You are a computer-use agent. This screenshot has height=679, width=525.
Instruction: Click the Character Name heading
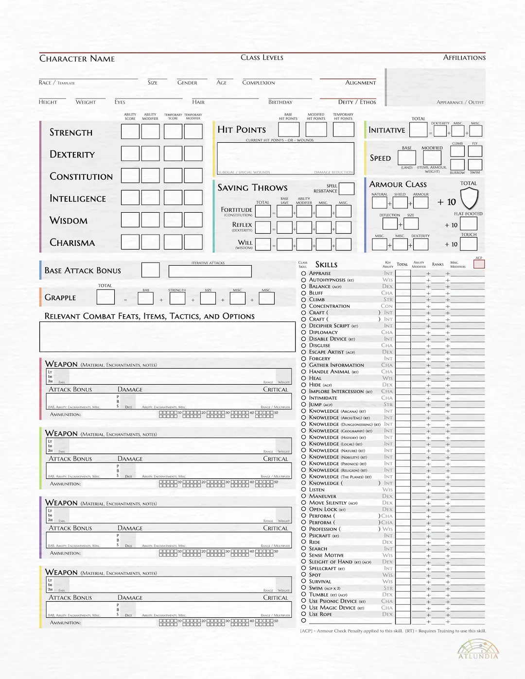tap(77, 59)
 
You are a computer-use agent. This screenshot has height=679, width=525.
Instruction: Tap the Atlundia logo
tap(478, 649)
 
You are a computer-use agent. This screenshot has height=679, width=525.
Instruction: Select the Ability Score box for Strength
tap(130, 132)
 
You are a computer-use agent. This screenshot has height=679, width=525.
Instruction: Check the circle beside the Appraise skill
tap(303, 273)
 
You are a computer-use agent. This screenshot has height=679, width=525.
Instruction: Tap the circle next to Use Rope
tap(303, 614)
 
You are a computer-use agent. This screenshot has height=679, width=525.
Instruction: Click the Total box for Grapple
tap(105, 297)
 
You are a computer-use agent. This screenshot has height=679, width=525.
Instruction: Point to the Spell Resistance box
tap(346, 188)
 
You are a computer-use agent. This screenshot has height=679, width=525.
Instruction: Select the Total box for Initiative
tap(418, 130)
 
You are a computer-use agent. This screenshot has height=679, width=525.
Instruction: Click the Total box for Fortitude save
tap(262, 211)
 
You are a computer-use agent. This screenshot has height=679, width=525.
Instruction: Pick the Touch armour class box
tap(469, 244)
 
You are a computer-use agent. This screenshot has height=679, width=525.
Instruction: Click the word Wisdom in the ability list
tap(69, 221)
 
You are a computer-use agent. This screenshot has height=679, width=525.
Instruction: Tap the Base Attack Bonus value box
tap(150, 270)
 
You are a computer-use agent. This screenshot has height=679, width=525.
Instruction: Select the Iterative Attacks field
tap(210, 271)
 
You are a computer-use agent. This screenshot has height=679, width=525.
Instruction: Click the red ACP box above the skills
tap(479, 264)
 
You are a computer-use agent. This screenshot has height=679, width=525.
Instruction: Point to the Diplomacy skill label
tap(323, 332)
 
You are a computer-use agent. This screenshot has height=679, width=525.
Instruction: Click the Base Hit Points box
tap(288, 129)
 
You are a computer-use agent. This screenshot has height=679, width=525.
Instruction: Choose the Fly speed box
tap(475, 151)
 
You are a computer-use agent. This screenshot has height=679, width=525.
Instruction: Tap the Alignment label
tap(360, 83)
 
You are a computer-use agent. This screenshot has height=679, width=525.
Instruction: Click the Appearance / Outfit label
tap(460, 102)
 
